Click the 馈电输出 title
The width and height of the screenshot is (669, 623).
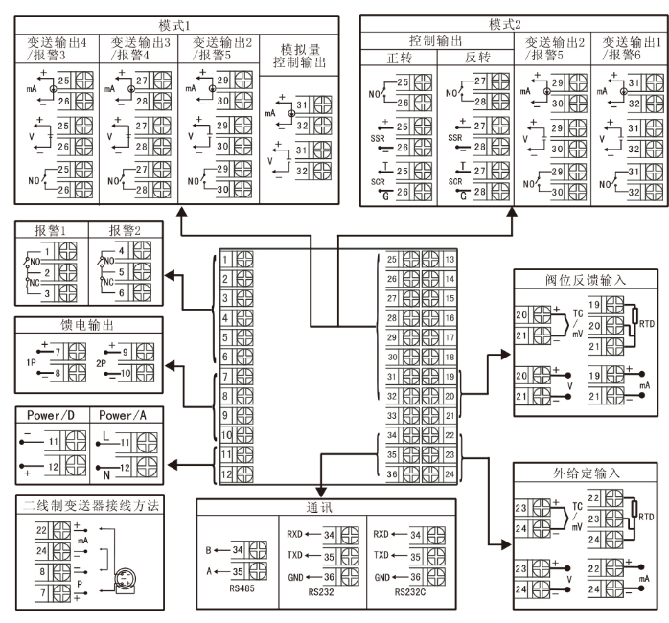pyautogui.click(x=84, y=326)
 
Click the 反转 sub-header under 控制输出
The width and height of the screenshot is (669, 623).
pyautogui.click(x=476, y=58)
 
